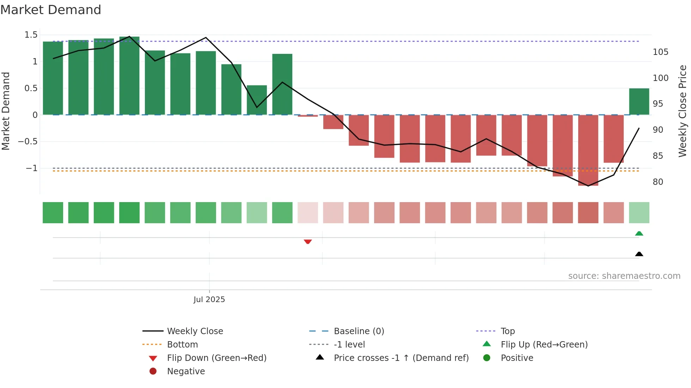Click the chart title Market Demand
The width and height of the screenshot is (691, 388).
click(x=51, y=10)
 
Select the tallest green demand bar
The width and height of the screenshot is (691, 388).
click(x=129, y=76)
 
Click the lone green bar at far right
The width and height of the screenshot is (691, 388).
click(x=639, y=101)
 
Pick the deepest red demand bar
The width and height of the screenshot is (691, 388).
click(x=588, y=150)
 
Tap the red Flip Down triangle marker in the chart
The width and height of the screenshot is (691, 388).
click(x=308, y=242)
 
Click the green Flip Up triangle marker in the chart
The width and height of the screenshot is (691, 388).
click(x=639, y=233)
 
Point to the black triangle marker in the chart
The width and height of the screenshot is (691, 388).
click(x=639, y=254)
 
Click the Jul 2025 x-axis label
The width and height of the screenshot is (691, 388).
click(x=209, y=300)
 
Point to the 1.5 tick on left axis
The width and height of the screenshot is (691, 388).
click(x=31, y=35)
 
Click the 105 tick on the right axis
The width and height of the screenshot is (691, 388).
click(x=660, y=52)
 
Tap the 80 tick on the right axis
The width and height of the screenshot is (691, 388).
click(x=658, y=182)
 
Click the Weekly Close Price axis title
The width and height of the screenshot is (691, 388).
click(x=683, y=111)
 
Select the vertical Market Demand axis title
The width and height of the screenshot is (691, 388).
click(x=6, y=111)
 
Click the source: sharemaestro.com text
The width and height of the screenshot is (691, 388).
click(x=624, y=276)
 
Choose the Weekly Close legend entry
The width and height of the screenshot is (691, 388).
click(x=195, y=331)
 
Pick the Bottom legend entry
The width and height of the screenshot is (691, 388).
click(x=182, y=345)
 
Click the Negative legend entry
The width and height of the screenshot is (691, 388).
click(x=186, y=371)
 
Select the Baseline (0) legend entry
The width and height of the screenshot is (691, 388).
click(x=359, y=331)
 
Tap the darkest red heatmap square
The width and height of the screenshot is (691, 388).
click(x=588, y=213)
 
